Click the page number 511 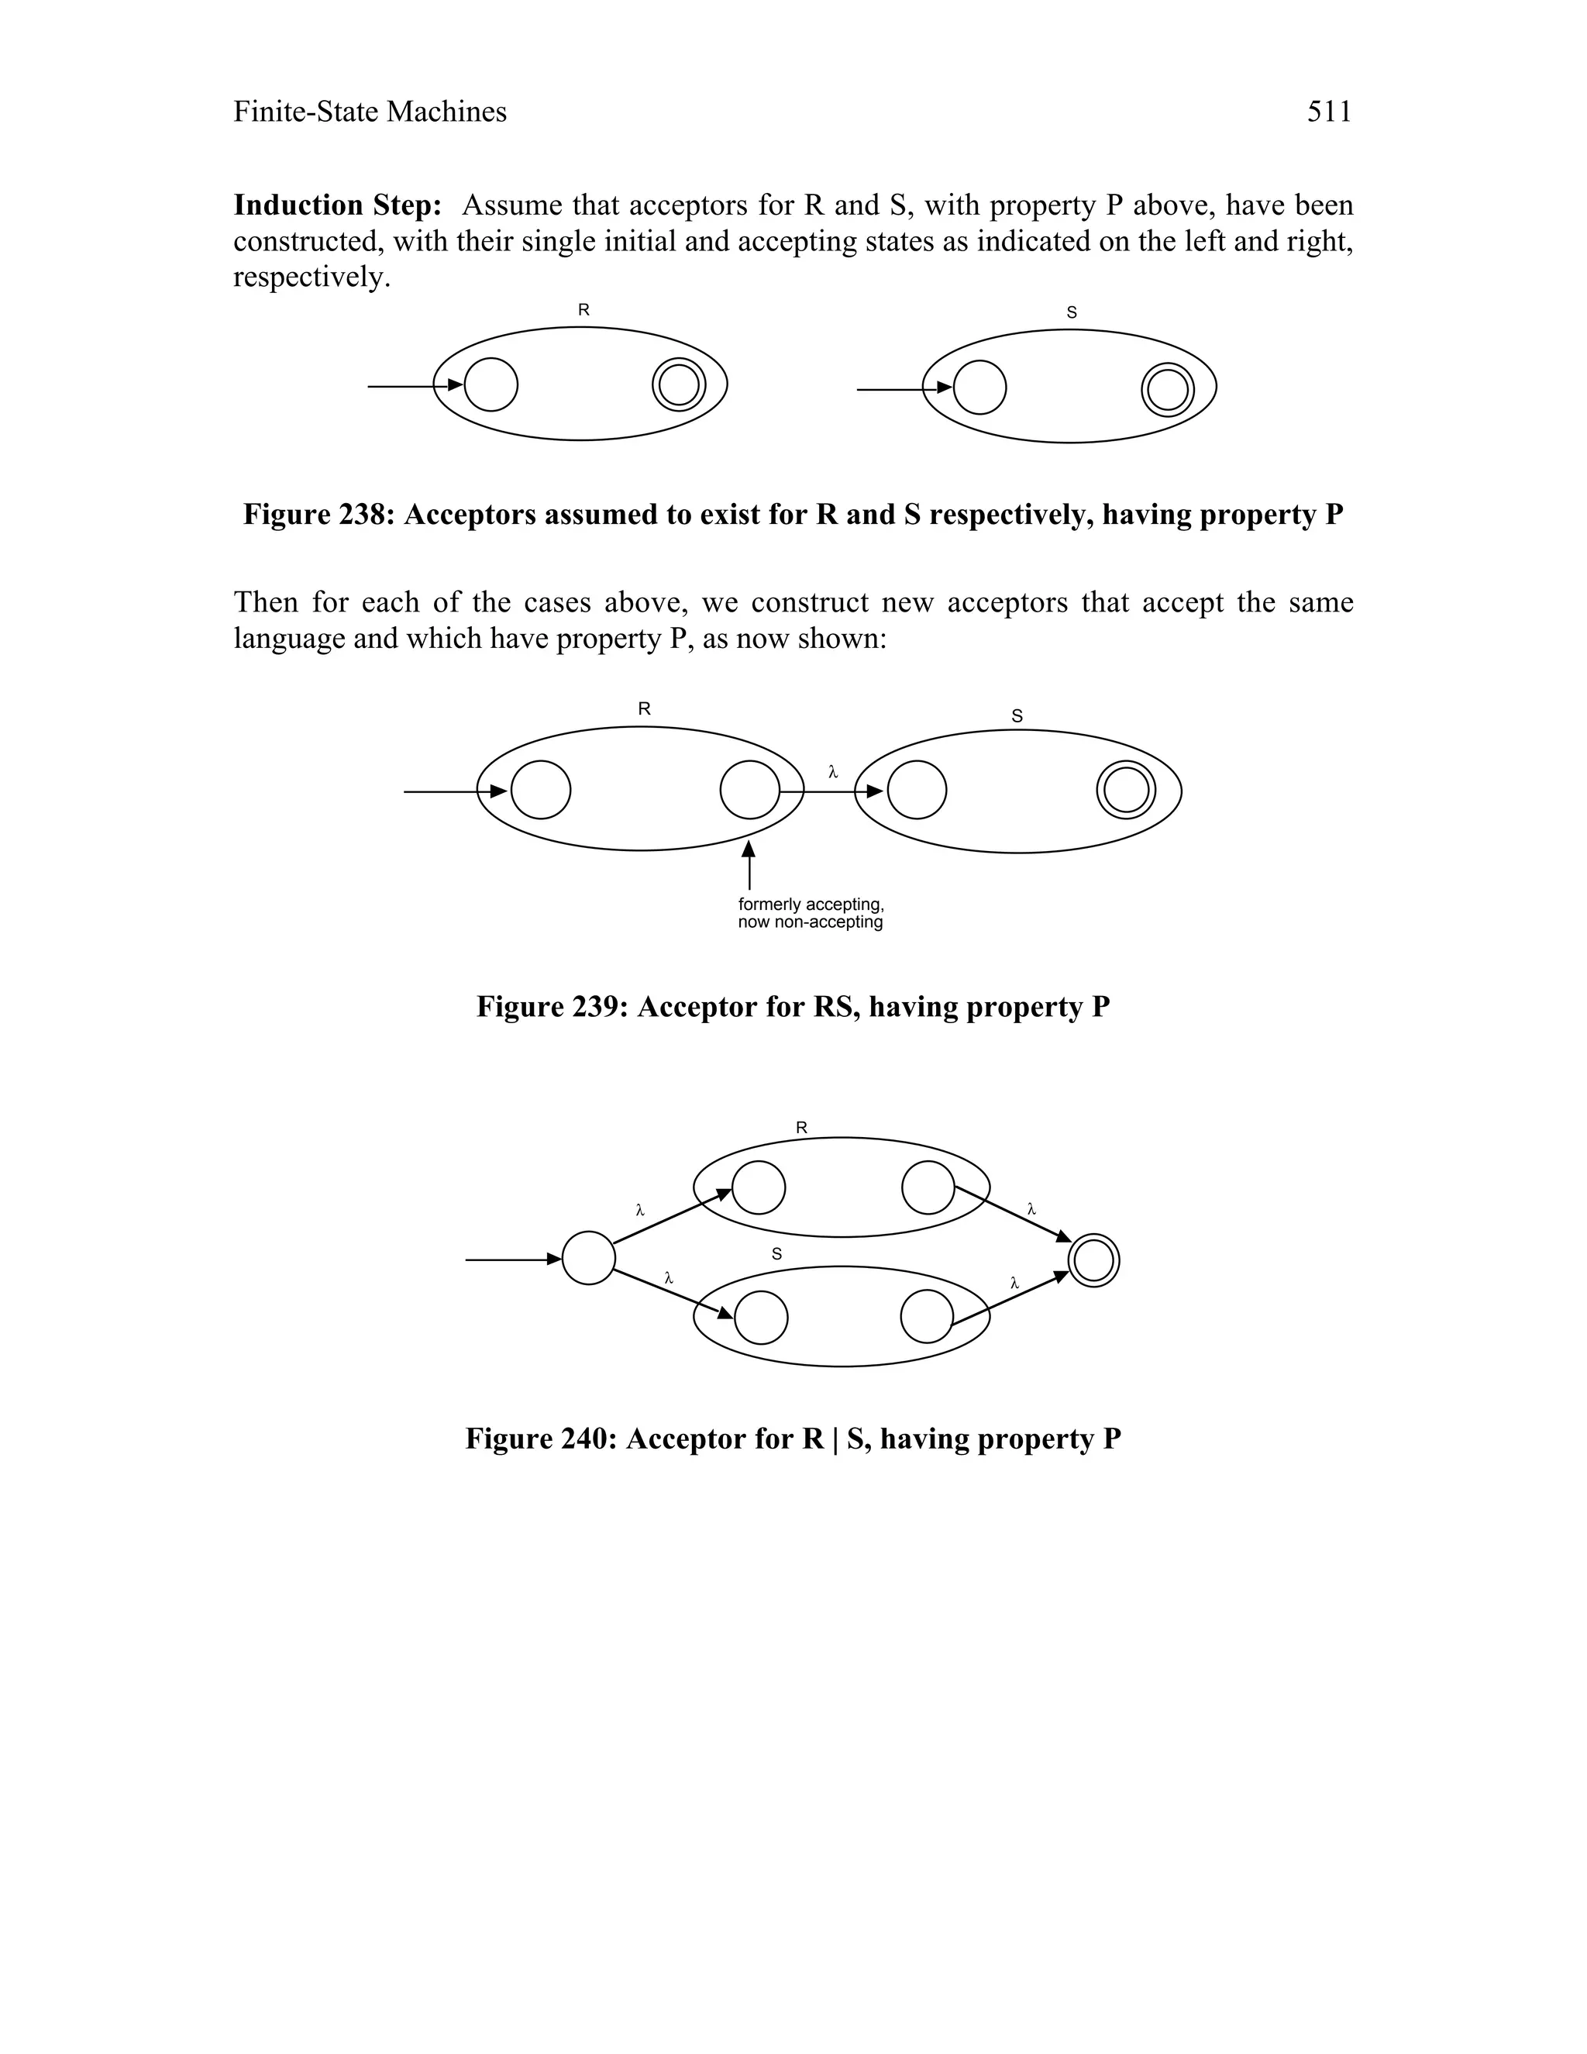tap(1328, 112)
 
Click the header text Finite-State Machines tap(370, 112)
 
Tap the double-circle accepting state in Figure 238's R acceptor tap(679, 384)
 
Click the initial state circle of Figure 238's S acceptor tap(979, 388)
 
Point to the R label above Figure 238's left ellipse tap(584, 309)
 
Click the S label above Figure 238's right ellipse tap(1072, 313)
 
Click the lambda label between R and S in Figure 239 tap(832, 772)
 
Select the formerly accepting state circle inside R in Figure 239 tap(749, 790)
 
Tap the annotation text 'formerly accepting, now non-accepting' tap(811, 913)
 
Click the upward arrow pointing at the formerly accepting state tap(749, 865)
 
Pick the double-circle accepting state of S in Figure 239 tap(1126, 790)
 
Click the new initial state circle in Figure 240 tap(589, 1258)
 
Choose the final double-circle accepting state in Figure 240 tap(1093, 1260)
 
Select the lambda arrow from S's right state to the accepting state tap(1010, 1299)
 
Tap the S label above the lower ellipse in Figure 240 tap(776, 1253)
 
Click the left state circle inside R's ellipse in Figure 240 tap(759, 1187)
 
